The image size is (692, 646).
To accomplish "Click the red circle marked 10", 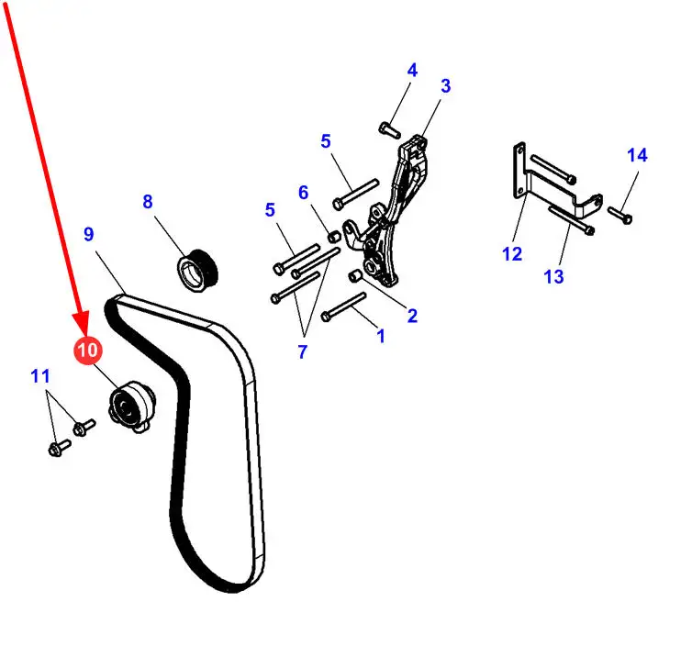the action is (x=89, y=350).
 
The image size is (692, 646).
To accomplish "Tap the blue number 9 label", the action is (x=88, y=234).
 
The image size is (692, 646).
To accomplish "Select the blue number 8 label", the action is (x=148, y=202).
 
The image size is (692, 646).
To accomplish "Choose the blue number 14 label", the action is (x=637, y=155).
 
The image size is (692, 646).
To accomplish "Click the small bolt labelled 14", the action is (x=620, y=217).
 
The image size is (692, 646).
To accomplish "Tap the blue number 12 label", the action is (x=511, y=254).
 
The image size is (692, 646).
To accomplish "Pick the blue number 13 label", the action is (x=553, y=275).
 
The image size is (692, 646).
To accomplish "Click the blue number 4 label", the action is (x=412, y=70).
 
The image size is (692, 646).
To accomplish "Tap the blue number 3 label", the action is (x=445, y=87).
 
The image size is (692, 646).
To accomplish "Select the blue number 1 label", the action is (x=381, y=337).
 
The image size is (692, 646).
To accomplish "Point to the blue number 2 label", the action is (x=412, y=317).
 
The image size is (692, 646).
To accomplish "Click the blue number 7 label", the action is (x=303, y=351).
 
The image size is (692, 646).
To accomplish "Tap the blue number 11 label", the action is (x=39, y=375).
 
